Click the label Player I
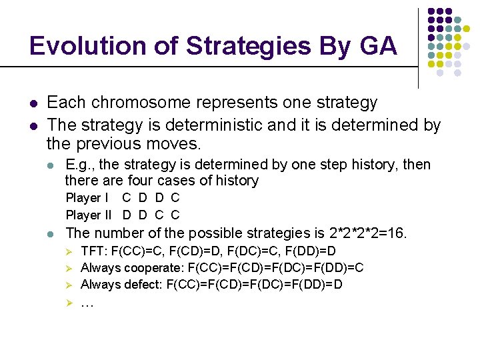click(x=83, y=198)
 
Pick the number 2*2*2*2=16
click(x=368, y=233)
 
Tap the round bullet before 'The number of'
click(x=52, y=234)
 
